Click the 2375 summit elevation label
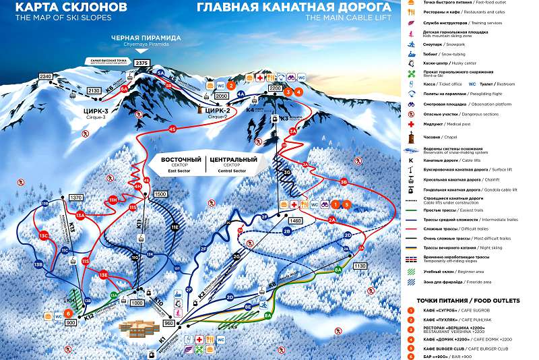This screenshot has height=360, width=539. (x=141, y=63)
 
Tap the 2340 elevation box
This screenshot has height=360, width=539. (x=46, y=77)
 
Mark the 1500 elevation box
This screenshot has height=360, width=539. (x=160, y=194)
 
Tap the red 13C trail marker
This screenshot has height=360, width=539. (x=43, y=236)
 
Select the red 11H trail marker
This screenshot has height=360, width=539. (x=113, y=200)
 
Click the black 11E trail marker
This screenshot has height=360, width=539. (x=175, y=228)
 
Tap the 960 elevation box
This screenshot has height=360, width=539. (x=168, y=323)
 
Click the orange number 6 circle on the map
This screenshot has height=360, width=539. (x=67, y=313)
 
